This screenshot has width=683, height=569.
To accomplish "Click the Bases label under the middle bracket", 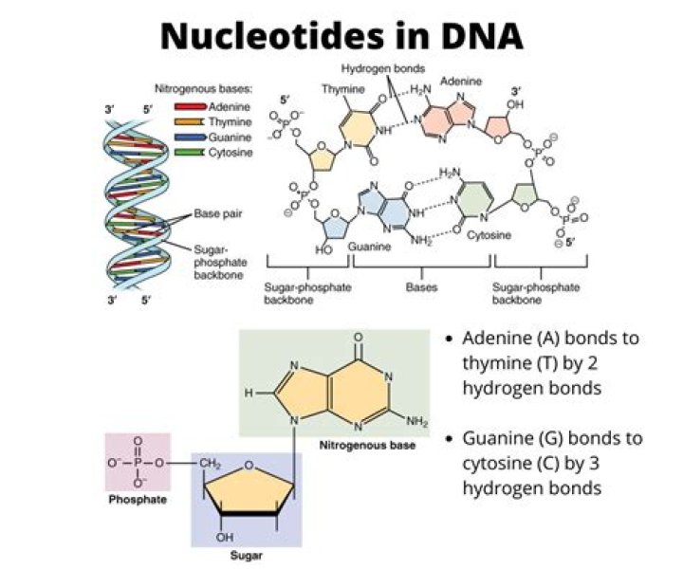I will click(x=419, y=284).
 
